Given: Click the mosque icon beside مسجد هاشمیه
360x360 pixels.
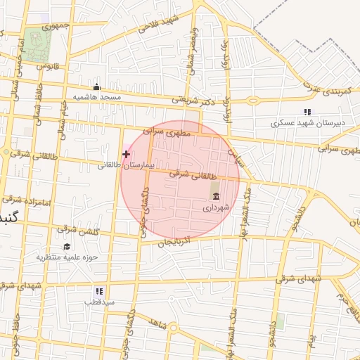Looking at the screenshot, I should click(x=96, y=87).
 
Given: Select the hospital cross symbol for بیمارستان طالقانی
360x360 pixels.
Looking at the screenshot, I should click(x=126, y=154).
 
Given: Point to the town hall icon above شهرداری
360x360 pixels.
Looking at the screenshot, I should click(x=214, y=195).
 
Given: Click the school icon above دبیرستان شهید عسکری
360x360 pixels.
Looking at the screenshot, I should click(x=307, y=112).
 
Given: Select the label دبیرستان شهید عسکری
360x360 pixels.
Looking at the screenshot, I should click(x=310, y=123).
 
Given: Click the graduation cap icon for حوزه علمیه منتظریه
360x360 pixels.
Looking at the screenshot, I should click(x=67, y=246).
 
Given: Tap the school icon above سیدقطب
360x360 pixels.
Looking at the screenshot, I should click(x=98, y=290).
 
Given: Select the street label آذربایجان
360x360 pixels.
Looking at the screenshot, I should click(x=173, y=243).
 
